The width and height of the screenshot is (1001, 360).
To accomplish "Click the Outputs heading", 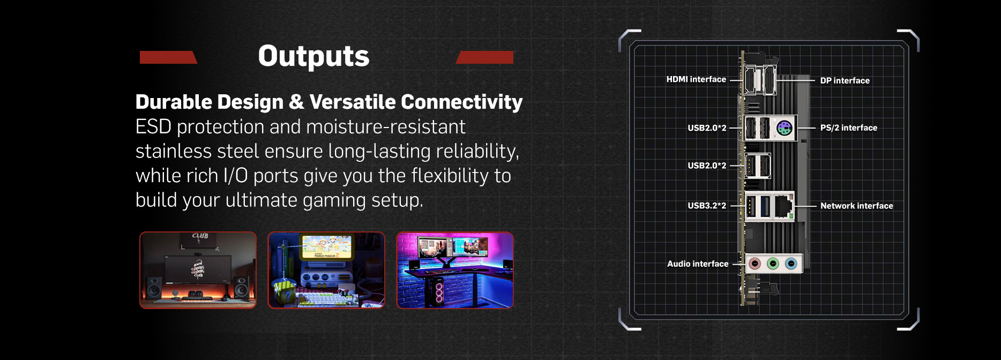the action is tap(313, 56).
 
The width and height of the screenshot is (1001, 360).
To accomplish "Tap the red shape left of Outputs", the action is tap(168, 57).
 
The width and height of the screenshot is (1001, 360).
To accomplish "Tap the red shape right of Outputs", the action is tap(484, 57).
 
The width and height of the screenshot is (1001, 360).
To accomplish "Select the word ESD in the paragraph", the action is tap(153, 127).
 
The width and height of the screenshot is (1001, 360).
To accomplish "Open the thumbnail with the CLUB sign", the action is tap(198, 270).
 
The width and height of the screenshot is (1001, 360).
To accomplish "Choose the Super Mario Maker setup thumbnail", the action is tap(326, 270).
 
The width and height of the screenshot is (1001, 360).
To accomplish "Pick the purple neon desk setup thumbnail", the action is tap(455, 270).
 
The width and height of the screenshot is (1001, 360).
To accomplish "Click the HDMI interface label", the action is tap(696, 79).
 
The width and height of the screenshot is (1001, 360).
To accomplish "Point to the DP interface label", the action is tap(845, 80).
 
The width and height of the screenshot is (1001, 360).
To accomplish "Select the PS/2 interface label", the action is tap(849, 127).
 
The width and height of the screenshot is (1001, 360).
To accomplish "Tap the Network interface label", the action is tap(857, 206).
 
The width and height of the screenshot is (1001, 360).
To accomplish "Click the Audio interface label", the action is tap(698, 264).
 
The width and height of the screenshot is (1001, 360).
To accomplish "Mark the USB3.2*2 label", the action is tap(707, 206).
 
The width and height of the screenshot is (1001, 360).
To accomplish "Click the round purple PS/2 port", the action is tap(785, 128).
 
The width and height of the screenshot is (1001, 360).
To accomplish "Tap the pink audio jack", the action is tap(755, 264).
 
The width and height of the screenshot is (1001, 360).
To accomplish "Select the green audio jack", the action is tap(773, 264).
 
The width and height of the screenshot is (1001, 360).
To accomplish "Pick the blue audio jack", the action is tap(791, 264).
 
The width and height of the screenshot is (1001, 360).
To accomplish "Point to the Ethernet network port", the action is tap(783, 206).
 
